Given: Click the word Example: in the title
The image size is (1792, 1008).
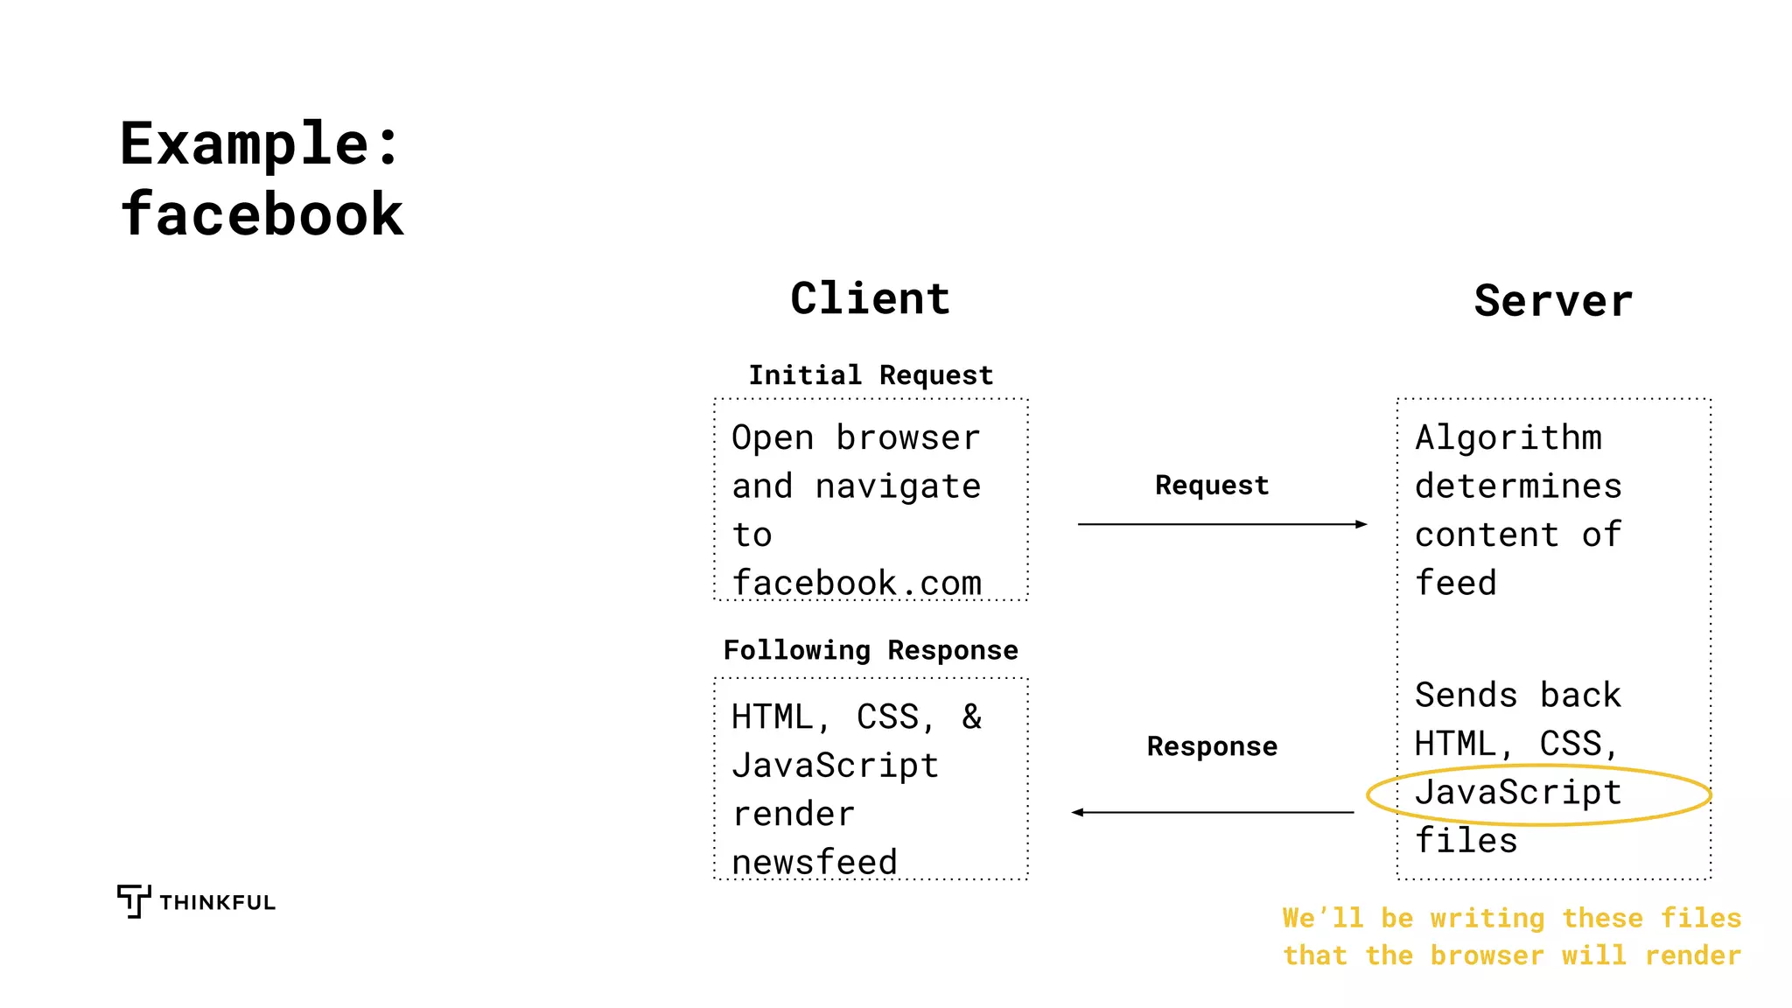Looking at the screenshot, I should (x=260, y=144).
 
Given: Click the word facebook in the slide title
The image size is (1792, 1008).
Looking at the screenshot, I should (x=262, y=215).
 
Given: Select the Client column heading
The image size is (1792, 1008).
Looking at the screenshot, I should (x=870, y=299).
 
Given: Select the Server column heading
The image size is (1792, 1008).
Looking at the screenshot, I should (x=1553, y=301).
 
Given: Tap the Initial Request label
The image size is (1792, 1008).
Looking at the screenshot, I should (x=871, y=375).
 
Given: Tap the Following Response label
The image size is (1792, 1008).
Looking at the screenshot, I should (x=871, y=650).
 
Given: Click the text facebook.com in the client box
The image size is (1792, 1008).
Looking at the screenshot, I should (x=857, y=583).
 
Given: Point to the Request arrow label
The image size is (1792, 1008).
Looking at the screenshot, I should (x=1212, y=486).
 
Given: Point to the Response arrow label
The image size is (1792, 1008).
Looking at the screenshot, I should (x=1212, y=746).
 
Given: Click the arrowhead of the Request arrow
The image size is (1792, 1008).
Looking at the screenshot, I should (x=1361, y=524).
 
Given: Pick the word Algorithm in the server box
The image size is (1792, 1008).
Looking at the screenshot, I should (x=1508, y=437).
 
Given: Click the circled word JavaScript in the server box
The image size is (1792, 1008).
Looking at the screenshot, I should (x=1518, y=793).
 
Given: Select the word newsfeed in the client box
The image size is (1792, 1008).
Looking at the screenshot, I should (x=815, y=862).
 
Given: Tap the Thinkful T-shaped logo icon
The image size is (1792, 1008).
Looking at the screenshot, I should (x=133, y=900).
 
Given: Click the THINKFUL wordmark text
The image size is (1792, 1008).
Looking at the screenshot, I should (x=217, y=903).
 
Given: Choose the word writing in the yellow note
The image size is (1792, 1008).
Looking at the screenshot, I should (x=1487, y=918).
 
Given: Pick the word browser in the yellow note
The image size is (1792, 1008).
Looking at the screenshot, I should (x=1487, y=955).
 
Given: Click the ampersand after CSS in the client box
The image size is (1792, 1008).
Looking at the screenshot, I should (x=971, y=717).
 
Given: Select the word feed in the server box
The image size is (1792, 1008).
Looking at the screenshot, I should (x=1456, y=583).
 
